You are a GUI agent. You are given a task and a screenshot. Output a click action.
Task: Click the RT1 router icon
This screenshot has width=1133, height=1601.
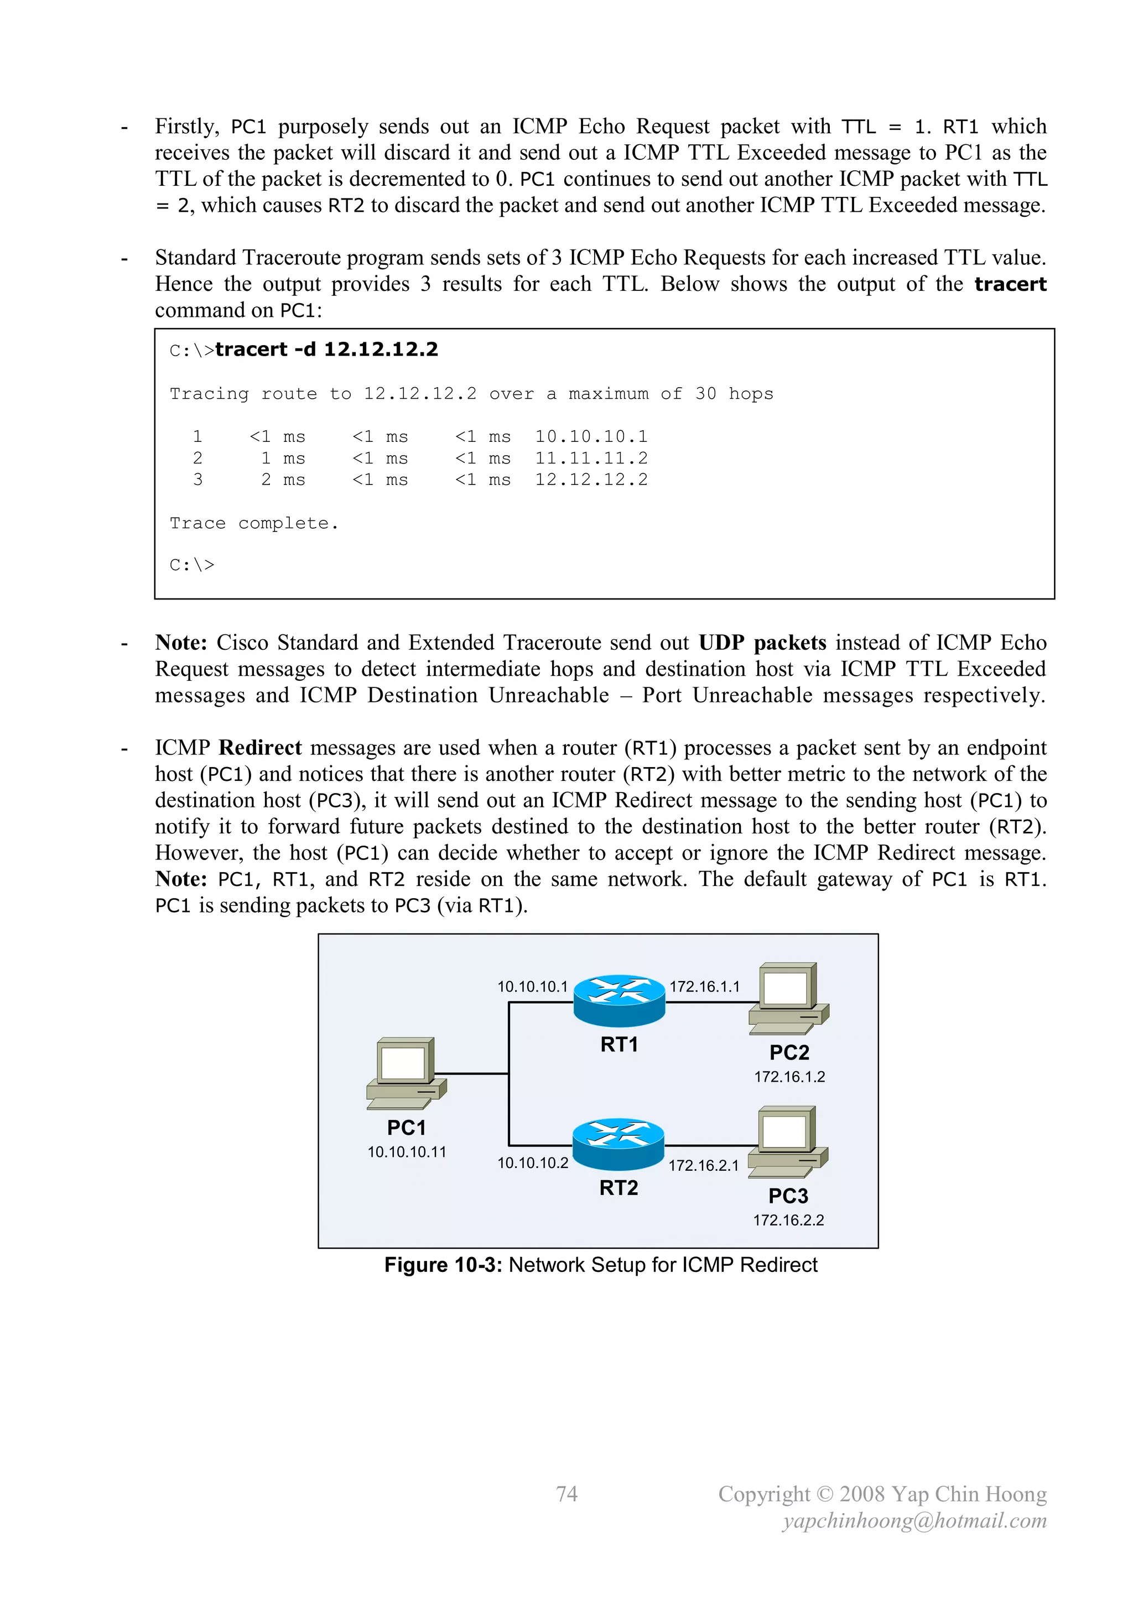click(619, 1000)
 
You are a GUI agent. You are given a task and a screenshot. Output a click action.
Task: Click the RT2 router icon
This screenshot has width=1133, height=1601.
click(618, 1144)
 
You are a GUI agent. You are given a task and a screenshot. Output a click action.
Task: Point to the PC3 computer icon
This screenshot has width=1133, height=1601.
click(788, 1141)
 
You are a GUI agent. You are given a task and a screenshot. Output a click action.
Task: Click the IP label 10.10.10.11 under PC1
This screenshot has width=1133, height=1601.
click(407, 1152)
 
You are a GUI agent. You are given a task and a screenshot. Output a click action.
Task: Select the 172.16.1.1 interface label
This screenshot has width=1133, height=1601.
click(704, 987)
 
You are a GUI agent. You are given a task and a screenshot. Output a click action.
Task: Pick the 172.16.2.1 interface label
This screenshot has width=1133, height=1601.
click(703, 1165)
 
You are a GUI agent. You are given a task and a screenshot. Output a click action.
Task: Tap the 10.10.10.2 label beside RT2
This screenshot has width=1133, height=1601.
click(532, 1163)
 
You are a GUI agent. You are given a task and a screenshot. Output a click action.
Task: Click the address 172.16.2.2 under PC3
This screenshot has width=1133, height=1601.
click(788, 1221)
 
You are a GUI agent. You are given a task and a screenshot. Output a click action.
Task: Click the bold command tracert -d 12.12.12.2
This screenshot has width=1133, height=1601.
click(326, 350)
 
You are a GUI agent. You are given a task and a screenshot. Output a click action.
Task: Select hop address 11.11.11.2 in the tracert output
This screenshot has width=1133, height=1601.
click(591, 458)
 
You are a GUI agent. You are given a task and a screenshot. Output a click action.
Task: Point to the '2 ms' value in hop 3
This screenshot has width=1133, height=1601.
click(283, 479)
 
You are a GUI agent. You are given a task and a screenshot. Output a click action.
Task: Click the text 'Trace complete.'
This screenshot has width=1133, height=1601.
click(254, 523)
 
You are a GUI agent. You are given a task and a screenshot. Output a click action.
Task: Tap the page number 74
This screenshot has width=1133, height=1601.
click(566, 1494)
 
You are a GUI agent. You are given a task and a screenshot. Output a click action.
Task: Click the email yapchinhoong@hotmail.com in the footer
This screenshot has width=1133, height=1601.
click(914, 1521)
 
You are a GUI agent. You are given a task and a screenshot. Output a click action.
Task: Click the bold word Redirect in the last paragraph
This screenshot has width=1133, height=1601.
click(259, 748)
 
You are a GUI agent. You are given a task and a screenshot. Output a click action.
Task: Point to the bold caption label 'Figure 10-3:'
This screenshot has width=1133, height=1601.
click(443, 1265)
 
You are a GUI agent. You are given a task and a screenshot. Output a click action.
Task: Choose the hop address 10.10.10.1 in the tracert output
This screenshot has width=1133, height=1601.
click(591, 436)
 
